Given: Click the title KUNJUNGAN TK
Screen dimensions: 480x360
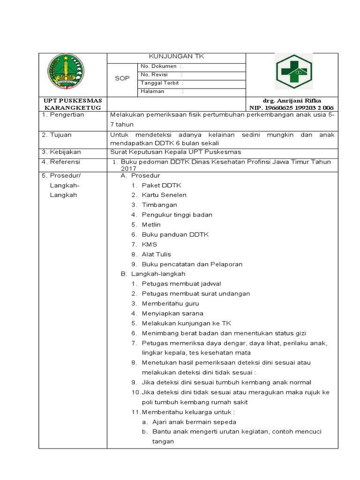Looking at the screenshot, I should coord(176,57).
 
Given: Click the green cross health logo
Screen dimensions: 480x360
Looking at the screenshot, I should coord(292,72).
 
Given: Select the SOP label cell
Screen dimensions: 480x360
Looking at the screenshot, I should coord(122,79).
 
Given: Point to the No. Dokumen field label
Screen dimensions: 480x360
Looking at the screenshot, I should coord(158,67).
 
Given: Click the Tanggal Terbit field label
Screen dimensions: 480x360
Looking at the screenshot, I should coord(160,83).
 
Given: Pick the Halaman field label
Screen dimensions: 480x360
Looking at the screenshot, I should coord(152,91).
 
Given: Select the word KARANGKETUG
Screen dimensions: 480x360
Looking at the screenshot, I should coord(73,108).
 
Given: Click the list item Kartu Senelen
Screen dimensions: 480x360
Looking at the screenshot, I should coord(164,195).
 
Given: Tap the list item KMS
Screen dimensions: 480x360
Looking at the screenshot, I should coord(150,244).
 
